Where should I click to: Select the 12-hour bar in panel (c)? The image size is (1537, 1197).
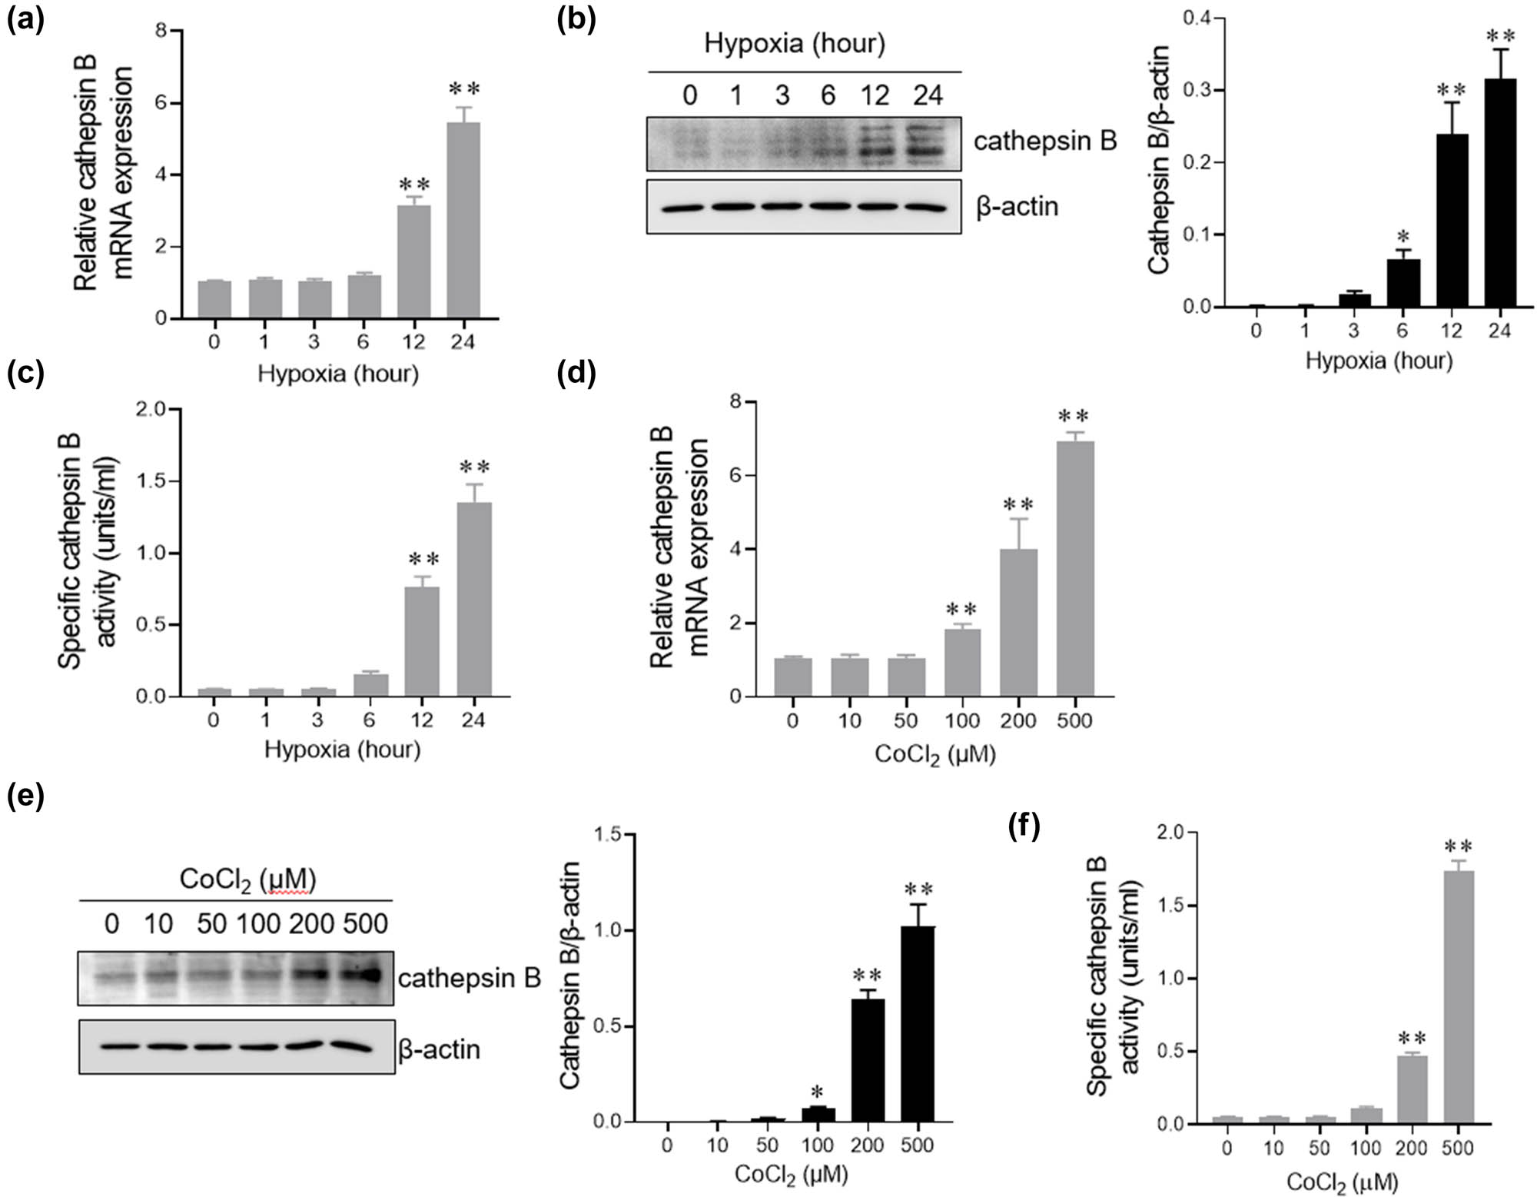[x=422, y=642]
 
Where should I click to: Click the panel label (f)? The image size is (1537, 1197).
[x=1023, y=827]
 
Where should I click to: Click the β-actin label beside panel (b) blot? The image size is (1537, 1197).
[x=1017, y=207]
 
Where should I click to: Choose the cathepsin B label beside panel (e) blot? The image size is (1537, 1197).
[x=470, y=978]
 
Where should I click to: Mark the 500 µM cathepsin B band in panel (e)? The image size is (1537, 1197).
[x=364, y=975]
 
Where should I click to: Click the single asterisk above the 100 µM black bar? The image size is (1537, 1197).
[x=817, y=1092]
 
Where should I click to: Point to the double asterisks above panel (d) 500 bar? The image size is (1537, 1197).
[x=1073, y=417]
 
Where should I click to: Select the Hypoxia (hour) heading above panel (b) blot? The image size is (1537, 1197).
[x=795, y=43]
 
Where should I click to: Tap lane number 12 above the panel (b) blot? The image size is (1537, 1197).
[x=875, y=95]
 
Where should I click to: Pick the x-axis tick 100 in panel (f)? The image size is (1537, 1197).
[x=1366, y=1149]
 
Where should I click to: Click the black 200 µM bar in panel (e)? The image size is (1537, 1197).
[x=867, y=1060]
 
